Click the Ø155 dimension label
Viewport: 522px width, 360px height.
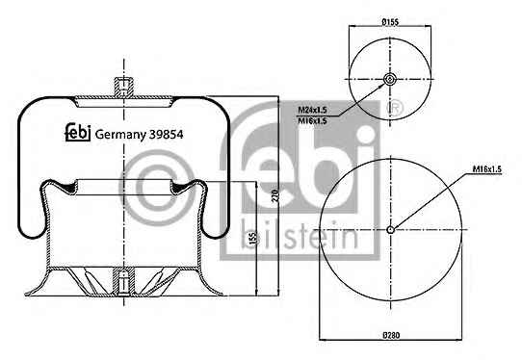(390, 22)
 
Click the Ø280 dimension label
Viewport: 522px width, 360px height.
(391, 335)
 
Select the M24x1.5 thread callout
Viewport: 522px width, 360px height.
(312, 110)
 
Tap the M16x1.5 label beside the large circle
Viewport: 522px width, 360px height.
(487, 169)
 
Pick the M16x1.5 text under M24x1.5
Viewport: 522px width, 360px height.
(312, 120)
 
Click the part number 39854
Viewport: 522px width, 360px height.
(166, 135)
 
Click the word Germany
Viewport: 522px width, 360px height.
(120, 135)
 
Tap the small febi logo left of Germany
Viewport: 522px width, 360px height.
(78, 133)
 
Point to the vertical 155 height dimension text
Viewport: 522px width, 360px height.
(253, 238)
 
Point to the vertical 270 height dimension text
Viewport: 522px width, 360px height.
(275, 196)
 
